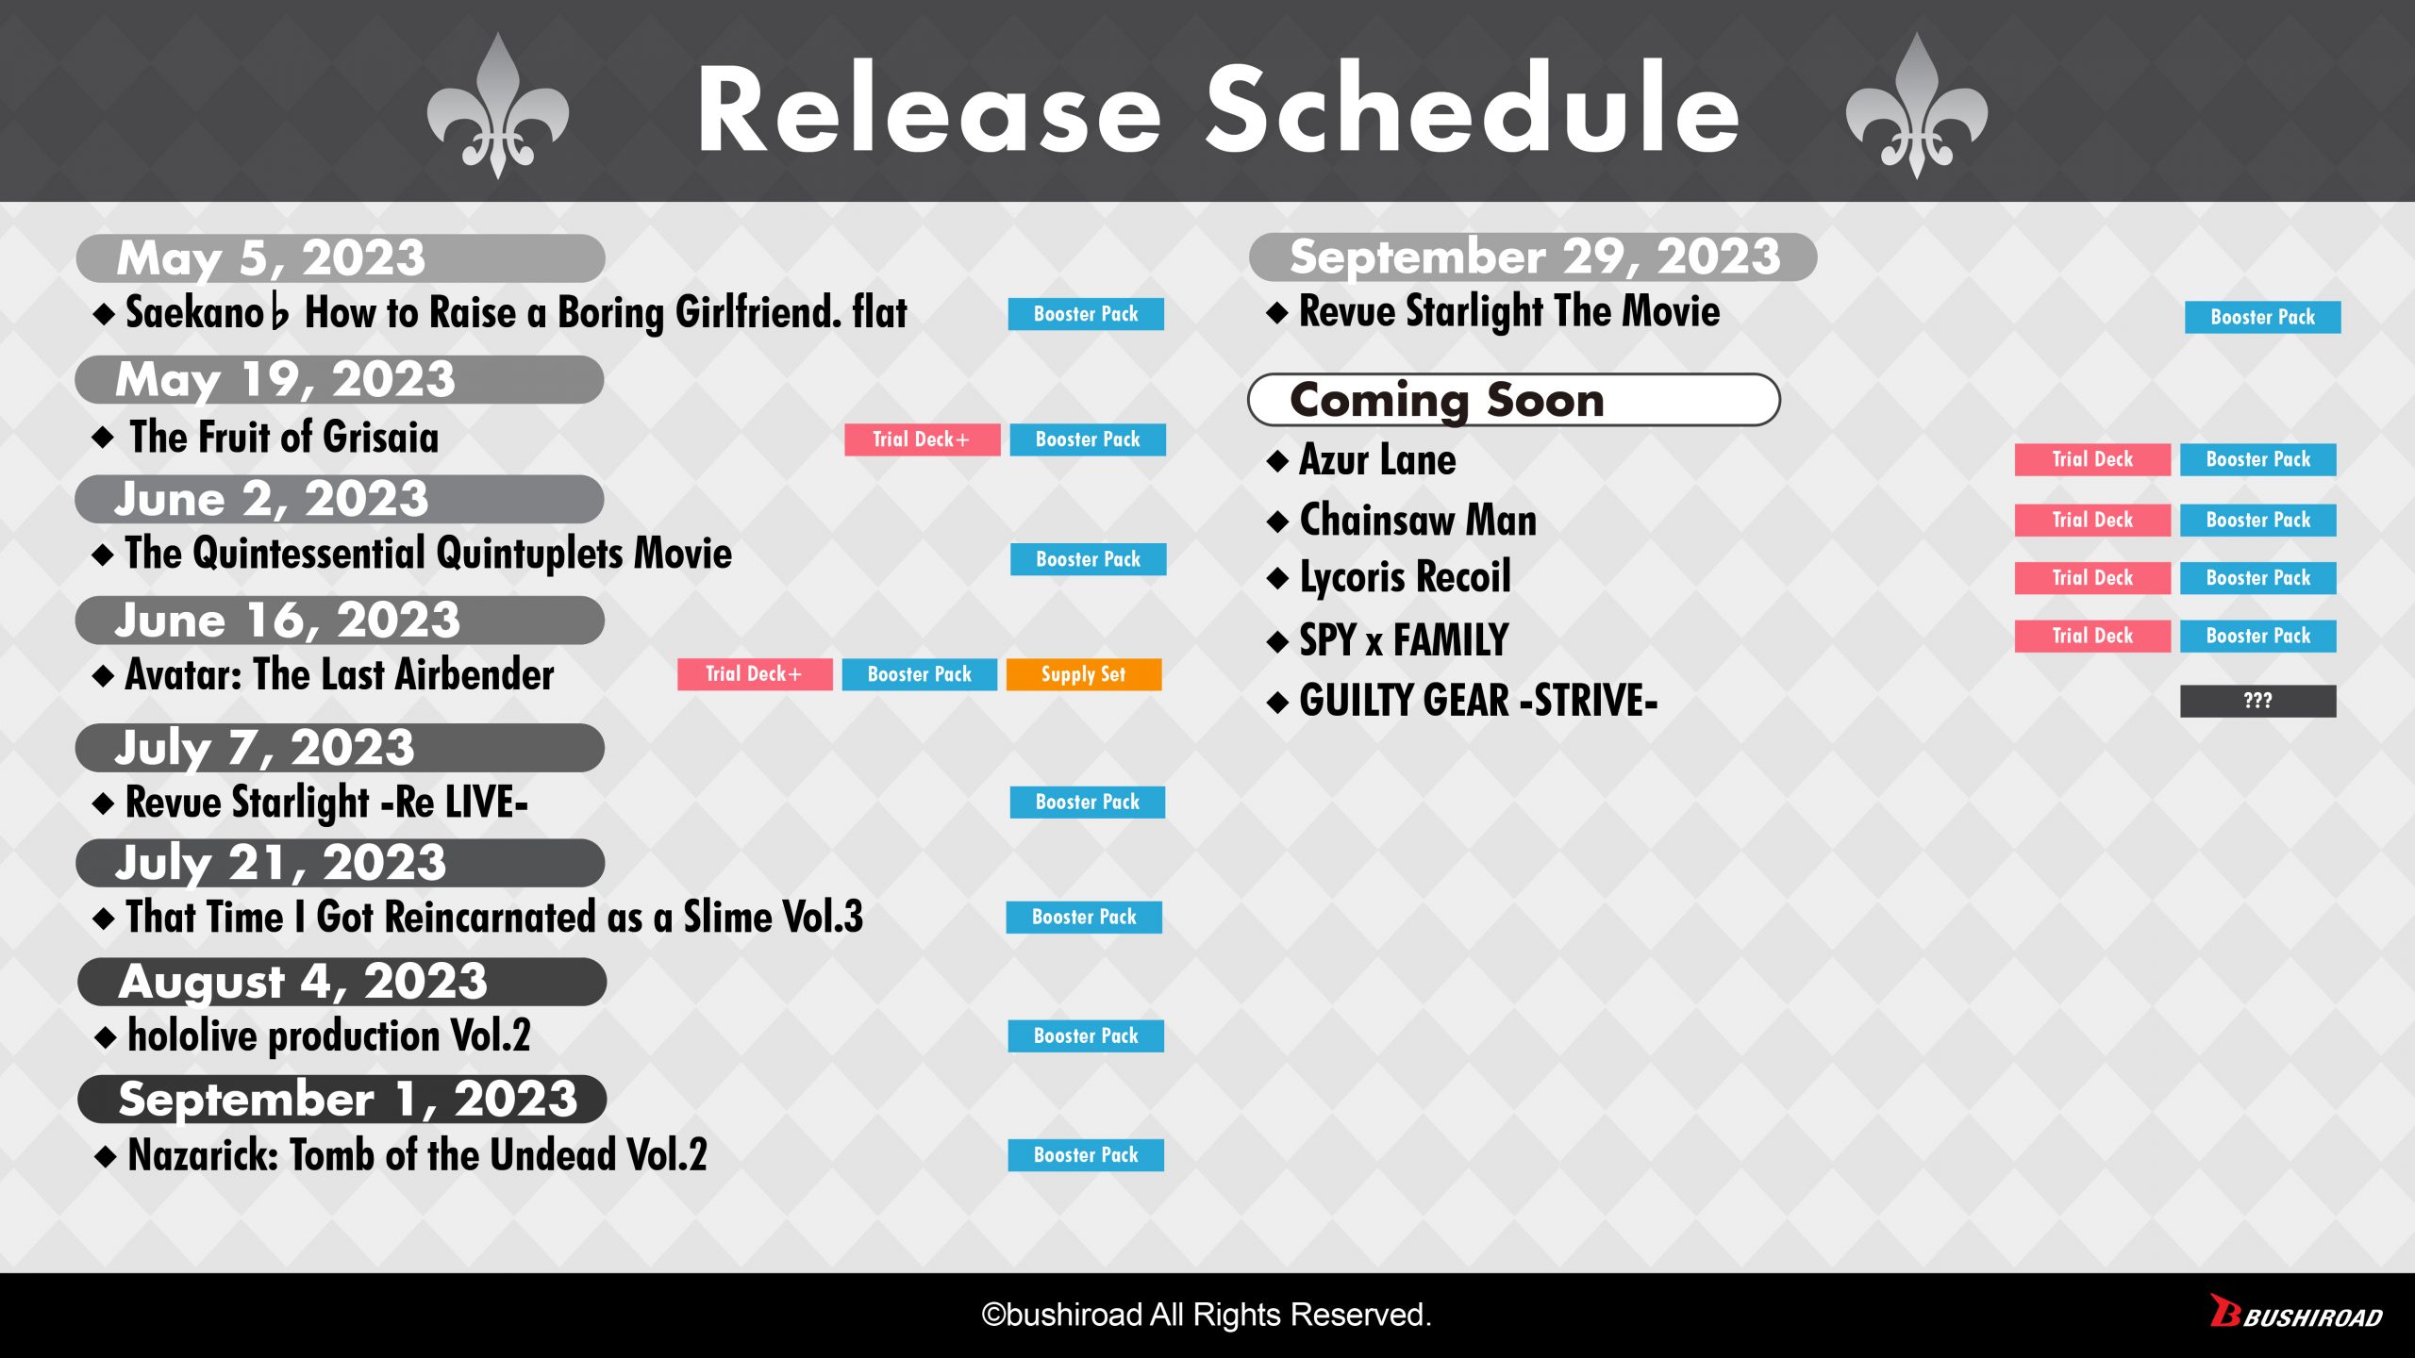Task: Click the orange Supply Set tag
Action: [x=1084, y=674]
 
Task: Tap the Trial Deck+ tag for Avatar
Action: [x=755, y=674]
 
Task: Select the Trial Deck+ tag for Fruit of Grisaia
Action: [x=922, y=439]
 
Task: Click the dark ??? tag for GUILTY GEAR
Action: [x=2257, y=701]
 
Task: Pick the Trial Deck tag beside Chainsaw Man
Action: [x=2092, y=520]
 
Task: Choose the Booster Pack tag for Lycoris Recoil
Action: [x=2258, y=578]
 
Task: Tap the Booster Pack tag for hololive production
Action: [x=1086, y=1035]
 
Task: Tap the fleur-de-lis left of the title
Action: [x=498, y=107]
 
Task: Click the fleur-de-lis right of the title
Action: [x=1917, y=107]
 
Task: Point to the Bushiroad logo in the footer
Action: [x=2296, y=1313]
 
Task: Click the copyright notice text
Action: [x=1207, y=1315]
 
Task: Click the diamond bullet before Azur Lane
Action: [x=1278, y=461]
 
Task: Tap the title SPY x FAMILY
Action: [x=1404, y=640]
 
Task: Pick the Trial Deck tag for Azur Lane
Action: [x=2092, y=459]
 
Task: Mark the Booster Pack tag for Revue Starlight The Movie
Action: [x=2263, y=317]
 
